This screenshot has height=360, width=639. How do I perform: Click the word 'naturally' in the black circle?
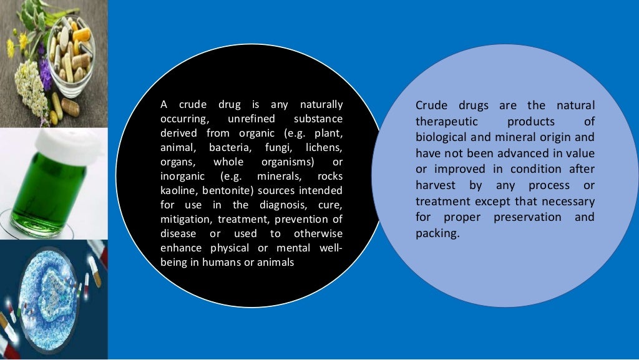click(321, 105)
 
